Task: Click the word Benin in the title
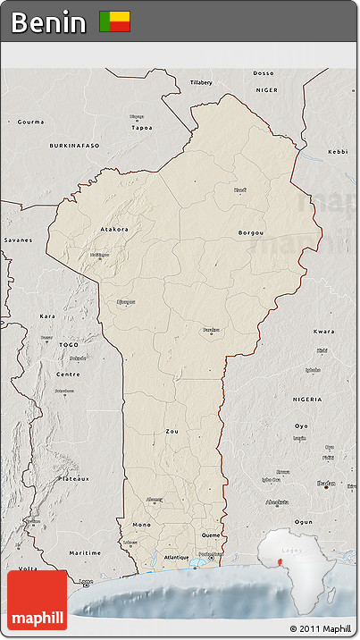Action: [49, 21]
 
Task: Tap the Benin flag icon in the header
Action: [114, 21]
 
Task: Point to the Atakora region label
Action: [113, 229]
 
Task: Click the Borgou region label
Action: [251, 232]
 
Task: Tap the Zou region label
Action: [172, 431]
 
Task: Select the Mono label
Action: [141, 524]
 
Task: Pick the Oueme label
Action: [211, 535]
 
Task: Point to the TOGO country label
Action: [70, 344]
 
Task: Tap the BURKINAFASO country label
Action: [75, 144]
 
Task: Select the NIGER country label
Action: [267, 90]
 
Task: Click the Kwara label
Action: [324, 331]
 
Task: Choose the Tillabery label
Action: [201, 82]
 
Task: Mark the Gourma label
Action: [30, 121]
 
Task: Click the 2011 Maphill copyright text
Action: [321, 629]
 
